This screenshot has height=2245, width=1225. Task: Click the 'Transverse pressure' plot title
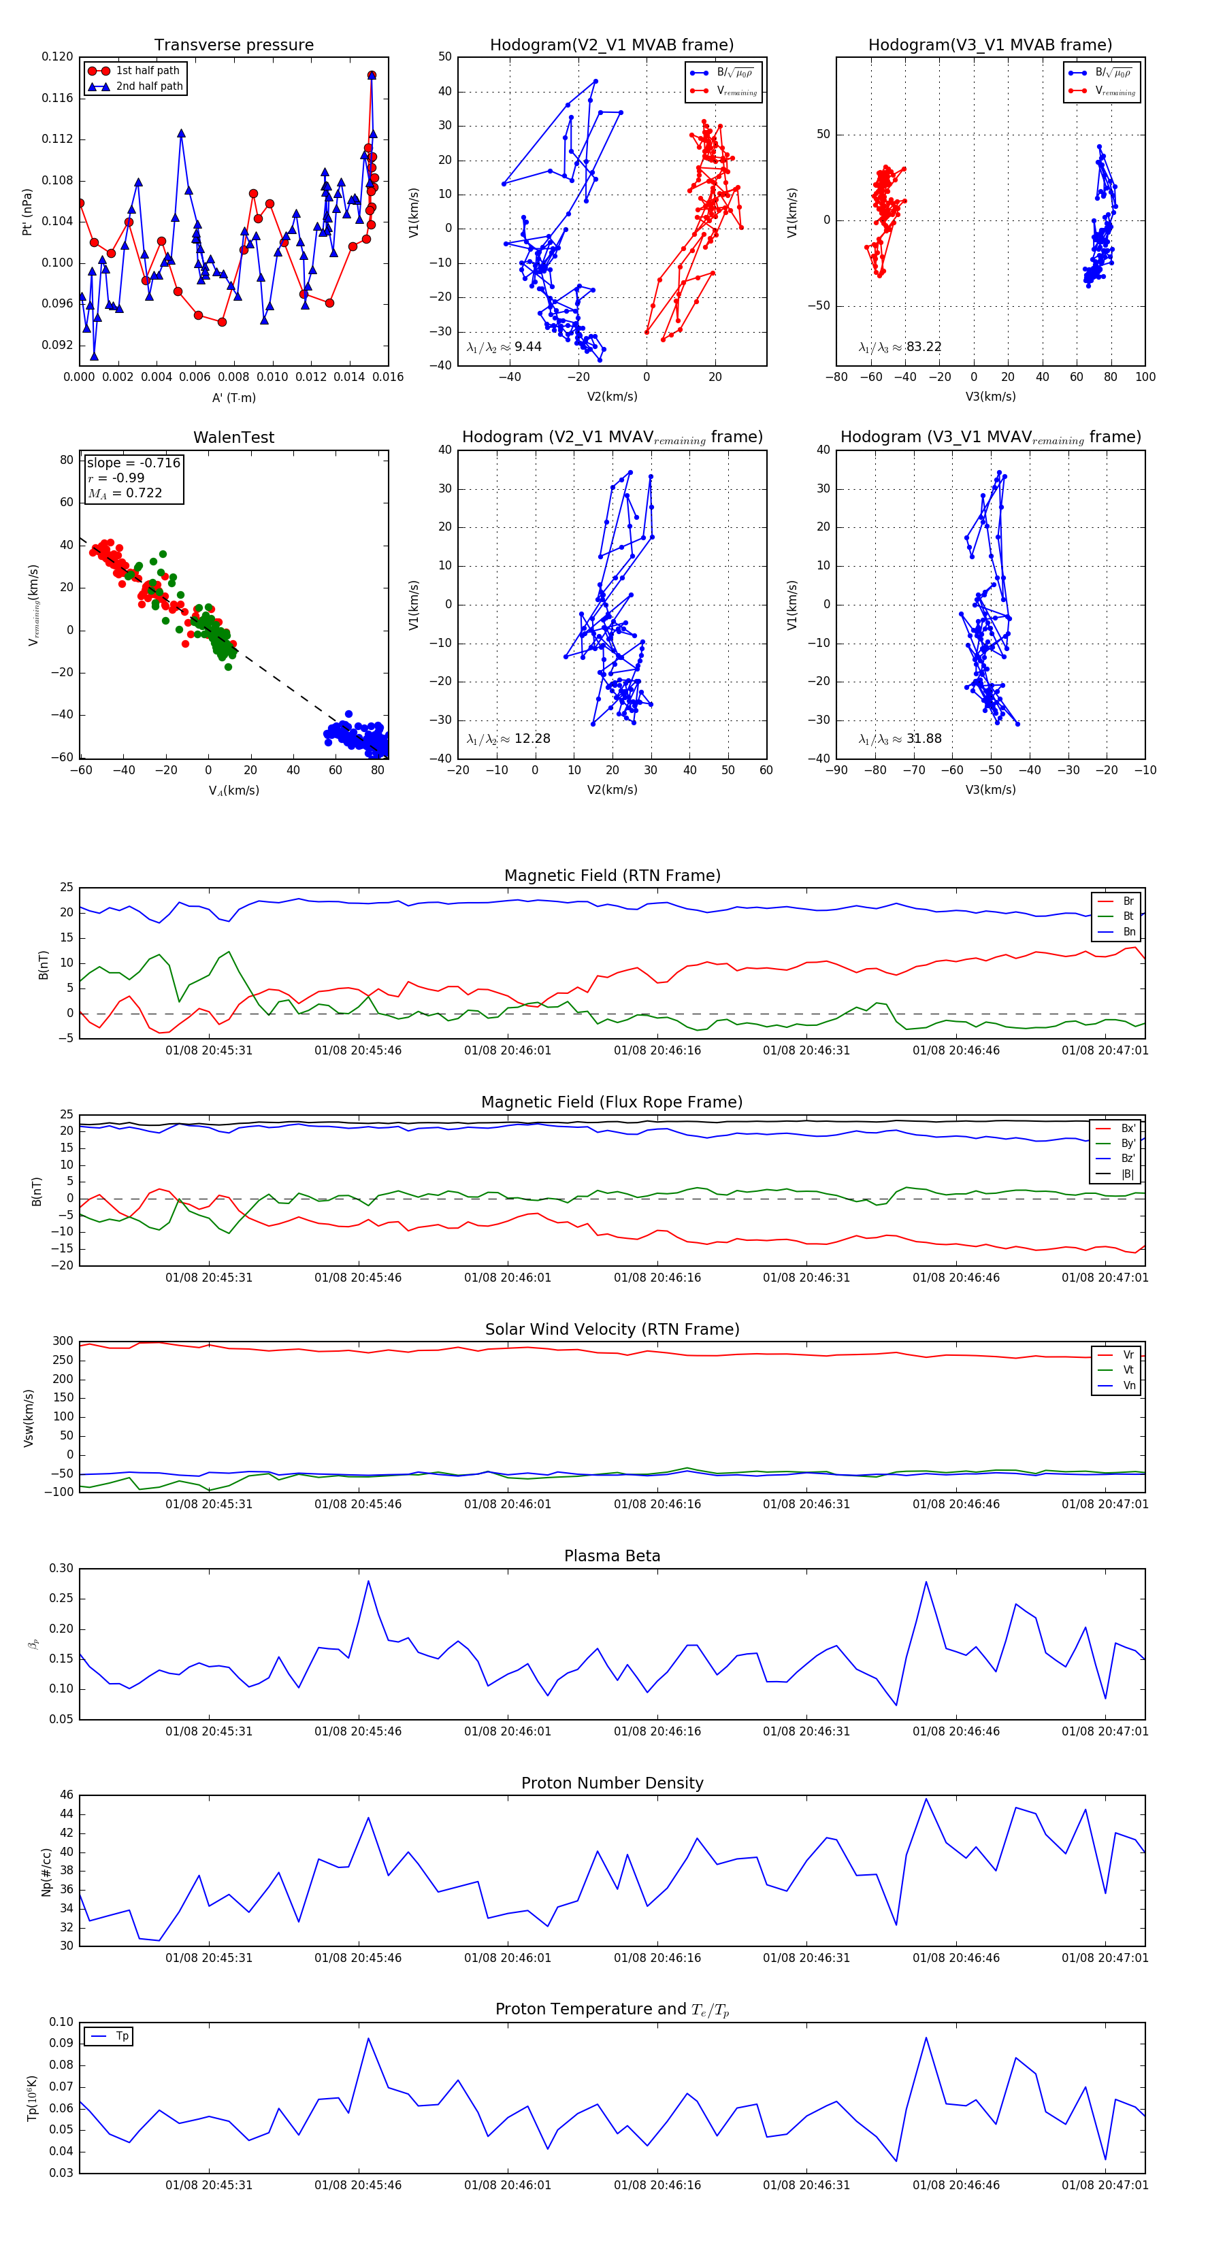coord(233,46)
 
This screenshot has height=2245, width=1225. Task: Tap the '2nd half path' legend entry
coord(149,86)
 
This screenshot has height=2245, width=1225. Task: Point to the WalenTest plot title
coord(233,437)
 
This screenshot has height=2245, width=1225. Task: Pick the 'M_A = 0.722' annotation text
coord(125,493)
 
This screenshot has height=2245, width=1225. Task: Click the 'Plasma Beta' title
coord(612,1557)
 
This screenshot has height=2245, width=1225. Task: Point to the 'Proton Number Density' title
coord(612,1783)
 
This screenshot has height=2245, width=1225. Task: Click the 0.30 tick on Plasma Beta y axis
coord(61,1569)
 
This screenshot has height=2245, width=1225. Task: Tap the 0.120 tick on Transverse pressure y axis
coord(58,56)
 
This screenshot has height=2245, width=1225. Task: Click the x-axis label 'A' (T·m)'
coord(233,398)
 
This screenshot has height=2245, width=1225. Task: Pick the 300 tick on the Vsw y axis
coord(63,1342)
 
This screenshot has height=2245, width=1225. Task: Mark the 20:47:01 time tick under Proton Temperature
coord(1105,2185)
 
